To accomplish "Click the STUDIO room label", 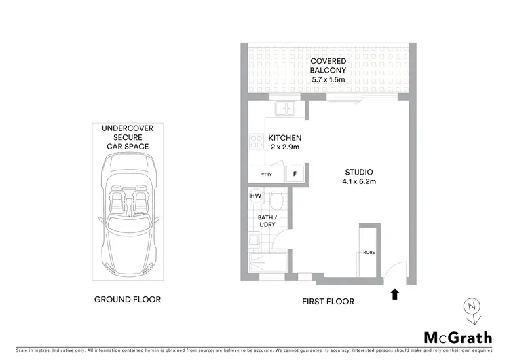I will tap(358, 171).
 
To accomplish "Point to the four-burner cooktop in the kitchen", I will tap(257, 142).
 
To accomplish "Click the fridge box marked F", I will tap(295, 174).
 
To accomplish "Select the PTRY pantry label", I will tap(266, 175).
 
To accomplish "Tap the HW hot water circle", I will tap(256, 196).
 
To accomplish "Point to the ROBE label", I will tap(368, 253).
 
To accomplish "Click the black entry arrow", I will tap(394, 293).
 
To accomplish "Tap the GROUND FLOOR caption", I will tap(127, 299).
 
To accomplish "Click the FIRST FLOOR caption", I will tap(328, 301).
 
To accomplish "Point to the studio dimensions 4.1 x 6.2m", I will tap(358, 181).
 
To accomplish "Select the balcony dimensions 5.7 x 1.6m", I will tap(329, 79).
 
